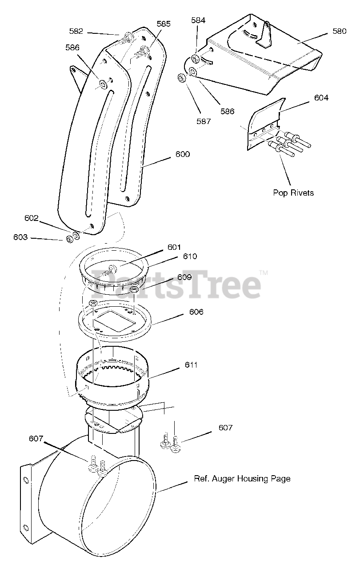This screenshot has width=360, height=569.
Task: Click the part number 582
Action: click(x=76, y=31)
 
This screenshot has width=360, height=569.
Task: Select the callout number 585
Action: click(x=163, y=24)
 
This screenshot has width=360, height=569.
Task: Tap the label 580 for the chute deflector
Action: click(x=339, y=32)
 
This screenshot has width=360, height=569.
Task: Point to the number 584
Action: click(x=198, y=20)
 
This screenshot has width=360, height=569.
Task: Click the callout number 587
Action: click(x=204, y=121)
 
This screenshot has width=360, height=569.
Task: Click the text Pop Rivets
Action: click(x=293, y=192)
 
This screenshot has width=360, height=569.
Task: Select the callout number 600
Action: click(x=183, y=154)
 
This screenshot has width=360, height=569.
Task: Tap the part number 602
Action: click(x=32, y=218)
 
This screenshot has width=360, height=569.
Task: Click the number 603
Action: click(x=20, y=237)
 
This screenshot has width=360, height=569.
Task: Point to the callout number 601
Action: click(x=175, y=247)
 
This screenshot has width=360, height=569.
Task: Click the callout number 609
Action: click(x=184, y=277)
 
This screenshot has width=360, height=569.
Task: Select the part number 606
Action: click(x=196, y=312)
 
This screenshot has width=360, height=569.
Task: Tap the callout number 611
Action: click(x=191, y=365)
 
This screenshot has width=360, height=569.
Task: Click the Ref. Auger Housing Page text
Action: click(x=242, y=479)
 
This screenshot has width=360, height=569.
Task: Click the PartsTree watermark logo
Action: click(x=176, y=284)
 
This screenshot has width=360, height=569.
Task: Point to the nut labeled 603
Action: click(x=69, y=240)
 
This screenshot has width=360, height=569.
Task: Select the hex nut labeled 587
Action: click(x=181, y=78)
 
